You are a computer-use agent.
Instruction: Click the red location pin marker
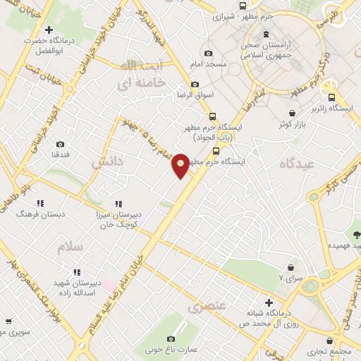[181, 165]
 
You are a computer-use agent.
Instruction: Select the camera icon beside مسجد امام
[207, 54]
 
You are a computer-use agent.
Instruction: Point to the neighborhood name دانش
[107, 162]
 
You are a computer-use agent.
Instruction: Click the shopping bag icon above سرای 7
[290, 267]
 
